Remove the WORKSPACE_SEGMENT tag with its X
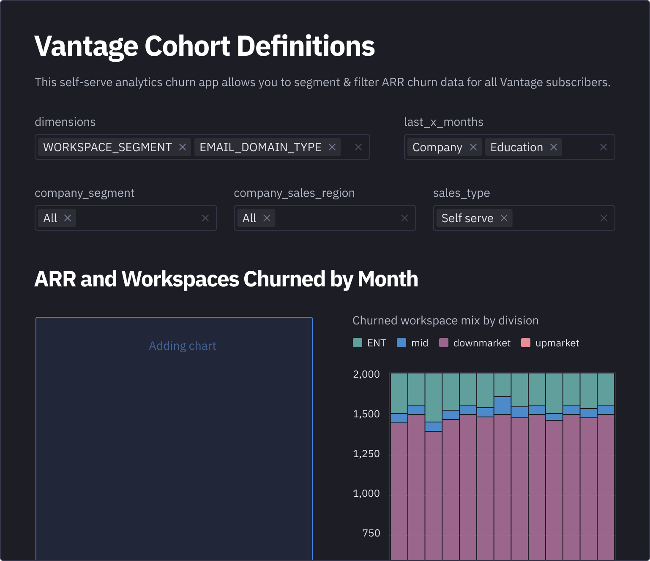[x=183, y=147]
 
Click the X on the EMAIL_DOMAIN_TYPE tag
[x=332, y=147]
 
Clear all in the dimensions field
[x=358, y=147]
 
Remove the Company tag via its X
[x=473, y=147]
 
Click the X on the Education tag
[x=554, y=147]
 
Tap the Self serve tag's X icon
[x=504, y=218]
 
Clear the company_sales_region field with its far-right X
[x=404, y=218]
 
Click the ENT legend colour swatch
[x=358, y=343]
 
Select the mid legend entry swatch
[x=401, y=343]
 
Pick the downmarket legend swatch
[x=444, y=343]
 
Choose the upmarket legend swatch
[x=526, y=343]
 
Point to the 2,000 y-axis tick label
[x=366, y=374]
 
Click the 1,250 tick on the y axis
[x=366, y=454]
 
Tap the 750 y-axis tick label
[x=371, y=533]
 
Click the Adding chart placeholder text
[x=183, y=346]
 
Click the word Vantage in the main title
[x=87, y=46]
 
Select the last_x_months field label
[x=444, y=122]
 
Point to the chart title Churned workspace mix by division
[x=445, y=321]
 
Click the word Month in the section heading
[x=388, y=279]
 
